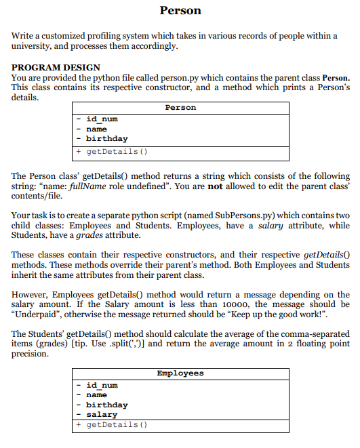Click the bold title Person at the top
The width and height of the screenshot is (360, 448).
pos(180,11)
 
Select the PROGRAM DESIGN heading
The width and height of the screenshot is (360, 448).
pos(56,68)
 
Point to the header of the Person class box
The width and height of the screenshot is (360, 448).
pos(180,108)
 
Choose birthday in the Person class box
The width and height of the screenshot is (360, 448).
pos(106,138)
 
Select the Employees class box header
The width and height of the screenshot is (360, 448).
pos(180,373)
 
